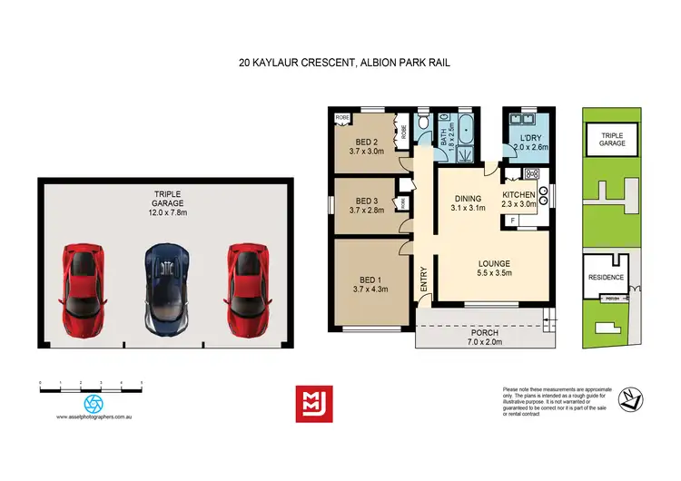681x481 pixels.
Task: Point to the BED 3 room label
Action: click(x=366, y=201)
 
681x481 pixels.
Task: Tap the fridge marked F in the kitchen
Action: click(x=514, y=220)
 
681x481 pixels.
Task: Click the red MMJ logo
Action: click(x=314, y=403)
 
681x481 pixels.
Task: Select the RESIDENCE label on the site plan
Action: click(x=605, y=278)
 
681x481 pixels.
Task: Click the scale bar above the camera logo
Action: click(x=91, y=388)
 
